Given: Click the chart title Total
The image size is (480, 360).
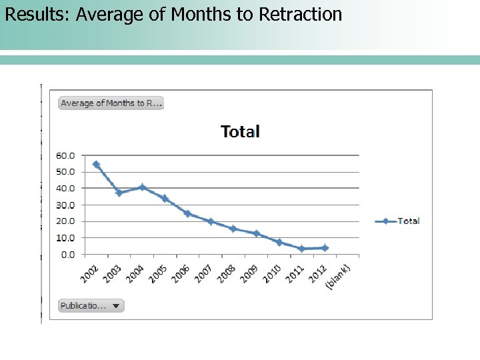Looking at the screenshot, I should [x=240, y=131].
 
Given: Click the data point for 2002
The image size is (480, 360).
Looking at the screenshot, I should [x=96, y=164].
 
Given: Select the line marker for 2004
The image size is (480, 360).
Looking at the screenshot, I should [x=142, y=187].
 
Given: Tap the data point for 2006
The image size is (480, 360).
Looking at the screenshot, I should [x=187, y=214].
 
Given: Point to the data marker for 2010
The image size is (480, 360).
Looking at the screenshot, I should [x=279, y=243].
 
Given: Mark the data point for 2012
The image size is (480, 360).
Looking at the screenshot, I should [x=325, y=248].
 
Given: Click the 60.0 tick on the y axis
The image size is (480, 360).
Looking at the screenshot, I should [x=65, y=155].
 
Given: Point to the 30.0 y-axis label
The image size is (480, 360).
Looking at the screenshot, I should [x=65, y=205].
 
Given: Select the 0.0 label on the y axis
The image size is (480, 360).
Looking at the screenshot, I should [x=67, y=254].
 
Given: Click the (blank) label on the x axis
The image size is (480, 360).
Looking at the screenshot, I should [x=338, y=276].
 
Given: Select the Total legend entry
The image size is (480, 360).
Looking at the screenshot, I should [x=398, y=221].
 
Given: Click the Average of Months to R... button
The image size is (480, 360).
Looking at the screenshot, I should [x=111, y=103].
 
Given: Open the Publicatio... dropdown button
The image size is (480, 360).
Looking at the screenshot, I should [x=91, y=306].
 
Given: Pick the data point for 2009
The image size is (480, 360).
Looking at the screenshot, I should [x=256, y=233].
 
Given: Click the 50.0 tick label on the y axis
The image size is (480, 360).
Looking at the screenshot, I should [x=65, y=172].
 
